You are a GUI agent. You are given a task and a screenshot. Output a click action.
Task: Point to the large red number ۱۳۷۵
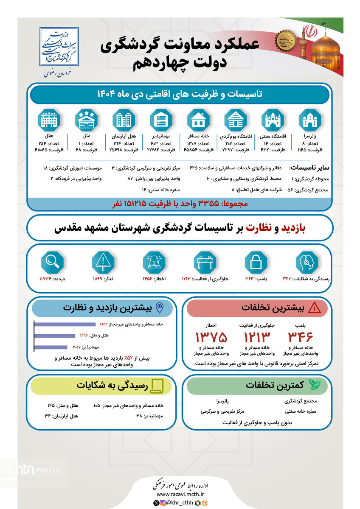(211, 338)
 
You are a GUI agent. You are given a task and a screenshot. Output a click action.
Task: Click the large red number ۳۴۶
(300, 338)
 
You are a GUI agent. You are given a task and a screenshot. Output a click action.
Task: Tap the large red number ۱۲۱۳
(256, 338)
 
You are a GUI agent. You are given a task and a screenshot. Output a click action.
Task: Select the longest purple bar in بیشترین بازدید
(65, 325)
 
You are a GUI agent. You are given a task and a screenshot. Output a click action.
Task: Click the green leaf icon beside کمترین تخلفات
(315, 385)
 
